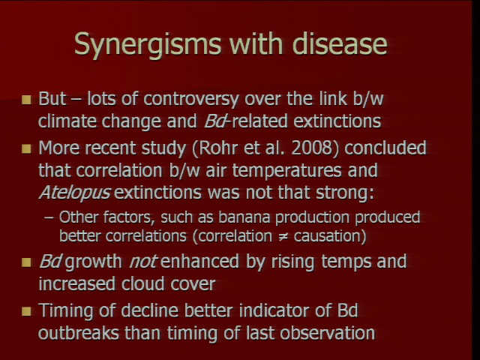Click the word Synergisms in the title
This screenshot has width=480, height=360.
(147, 43)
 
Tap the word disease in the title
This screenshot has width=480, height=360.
(340, 43)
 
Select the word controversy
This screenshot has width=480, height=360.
(191, 100)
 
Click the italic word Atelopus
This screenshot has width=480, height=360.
(75, 193)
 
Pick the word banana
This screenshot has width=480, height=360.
(244, 217)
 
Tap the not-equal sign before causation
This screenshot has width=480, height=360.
(283, 237)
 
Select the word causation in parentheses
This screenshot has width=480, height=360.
(328, 236)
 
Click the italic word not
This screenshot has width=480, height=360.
(143, 262)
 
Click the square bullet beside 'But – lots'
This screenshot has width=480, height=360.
(27, 100)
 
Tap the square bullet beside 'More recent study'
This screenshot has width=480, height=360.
(27, 149)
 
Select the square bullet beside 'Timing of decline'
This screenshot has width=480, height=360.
(27, 312)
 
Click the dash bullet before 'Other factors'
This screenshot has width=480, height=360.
(49, 217)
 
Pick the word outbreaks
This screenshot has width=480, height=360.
(79, 333)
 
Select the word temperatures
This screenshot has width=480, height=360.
(286, 171)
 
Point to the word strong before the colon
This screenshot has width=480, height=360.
(341, 193)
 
